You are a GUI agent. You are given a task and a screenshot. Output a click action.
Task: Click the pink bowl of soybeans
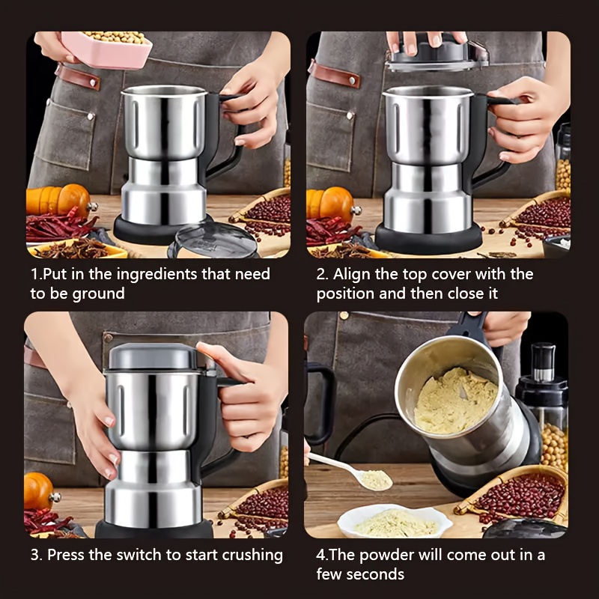[106, 49]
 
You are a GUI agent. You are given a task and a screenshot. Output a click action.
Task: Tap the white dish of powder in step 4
[395, 521]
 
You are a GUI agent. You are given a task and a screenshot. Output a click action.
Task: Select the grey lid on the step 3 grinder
[153, 356]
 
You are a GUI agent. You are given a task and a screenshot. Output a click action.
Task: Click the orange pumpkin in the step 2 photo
[331, 204]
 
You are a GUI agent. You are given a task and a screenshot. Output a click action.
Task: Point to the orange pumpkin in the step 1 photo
[58, 200]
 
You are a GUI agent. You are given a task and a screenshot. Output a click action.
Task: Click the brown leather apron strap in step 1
[78, 77]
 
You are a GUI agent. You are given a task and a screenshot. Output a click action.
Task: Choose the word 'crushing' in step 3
[252, 556]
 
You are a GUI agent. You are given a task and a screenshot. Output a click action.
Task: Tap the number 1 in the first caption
[34, 275]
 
